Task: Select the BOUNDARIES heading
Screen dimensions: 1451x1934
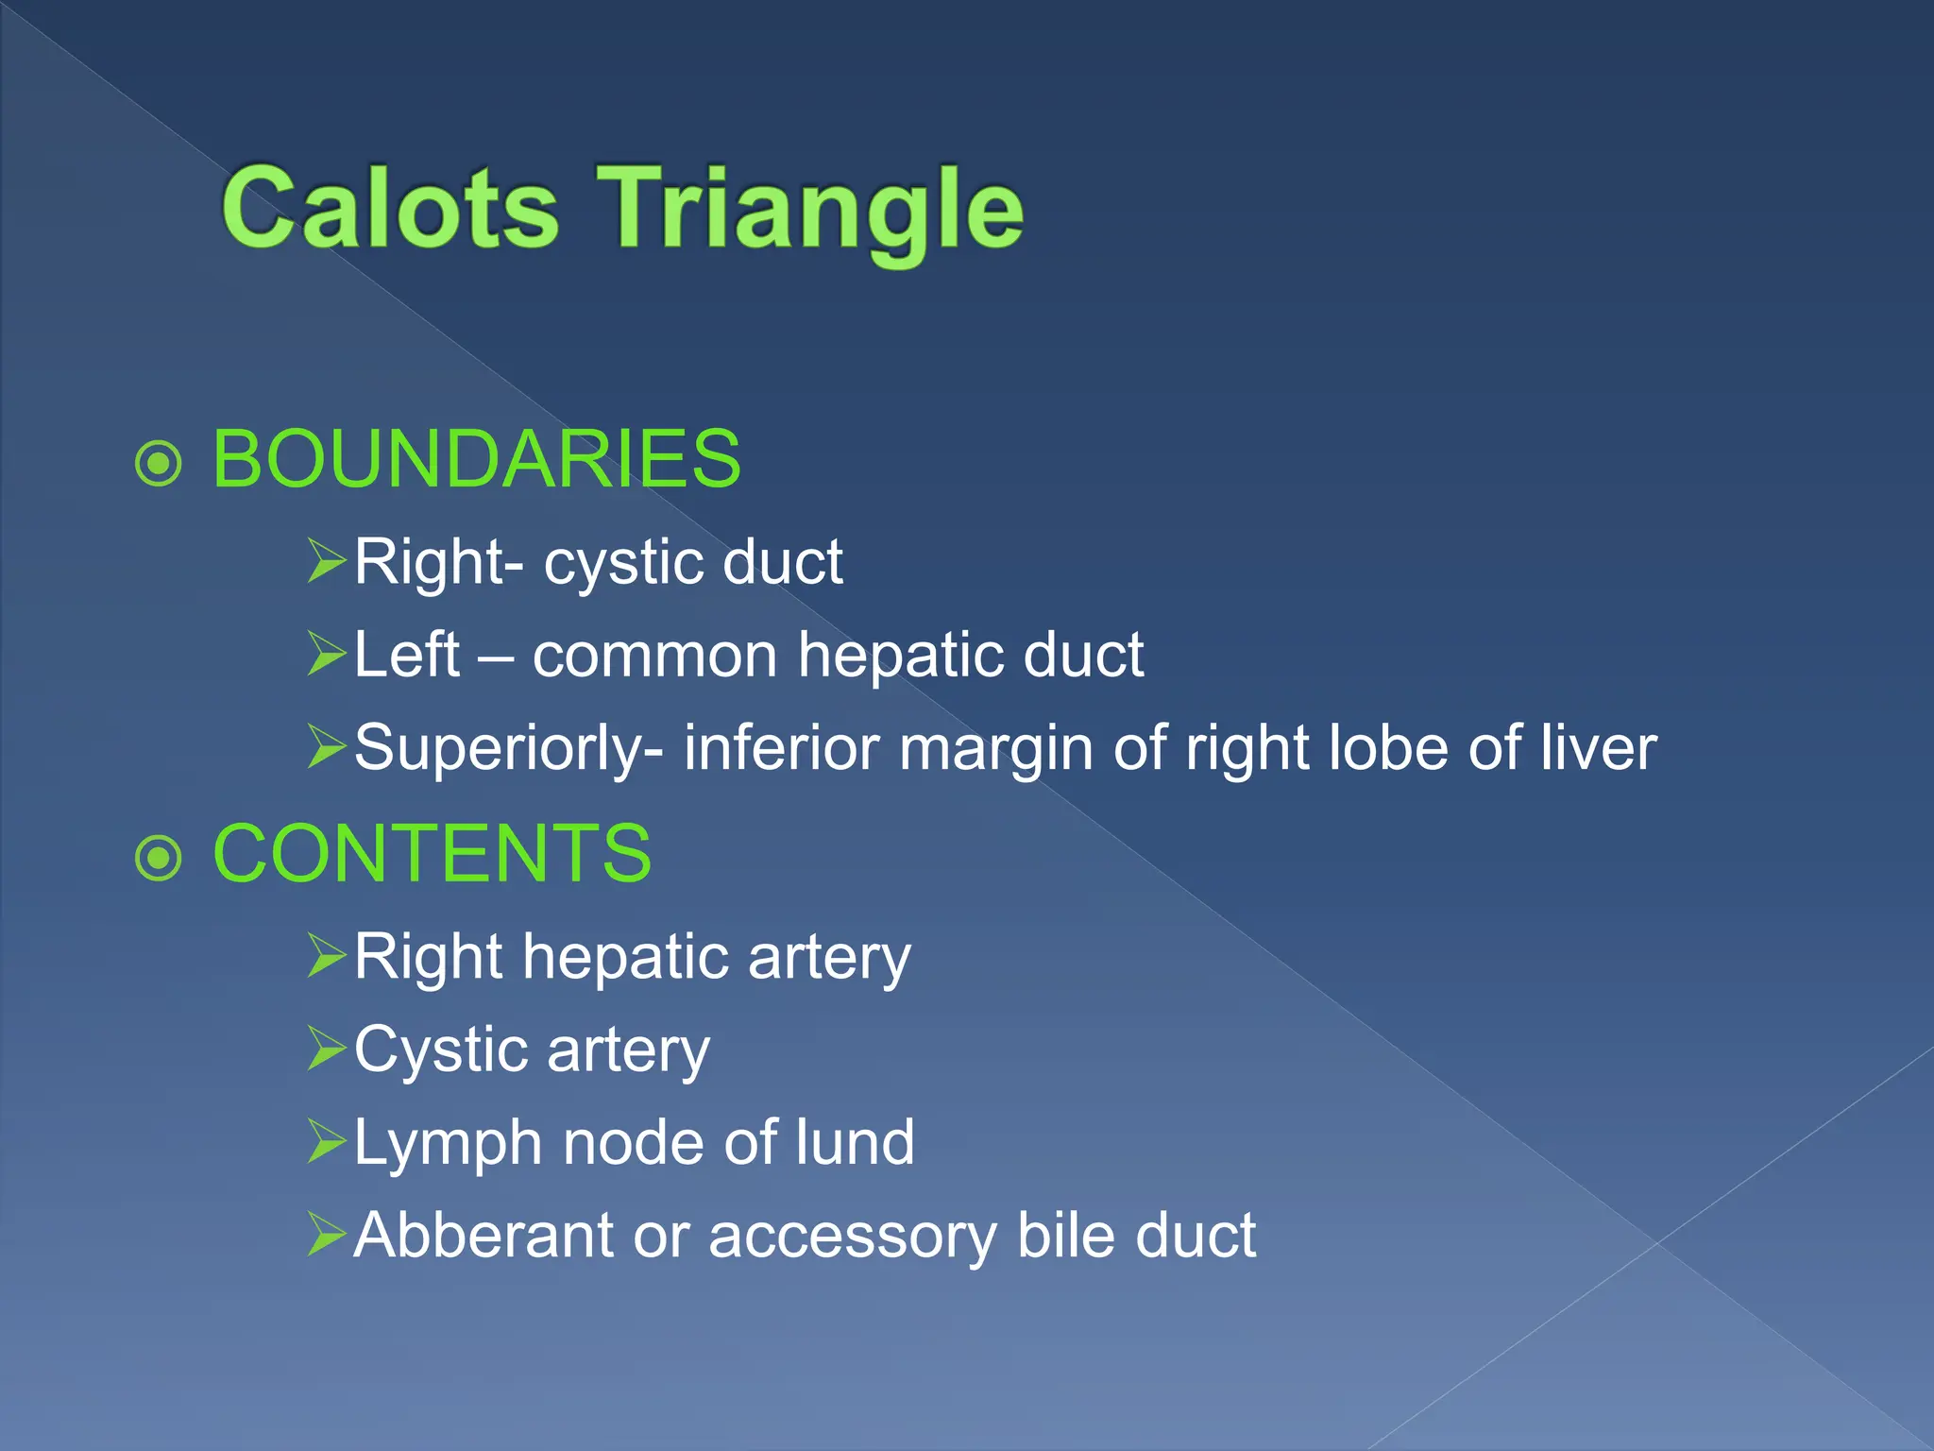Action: point(477,459)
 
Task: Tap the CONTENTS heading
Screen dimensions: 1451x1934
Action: point(433,854)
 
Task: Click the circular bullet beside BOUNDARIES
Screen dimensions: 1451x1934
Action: point(158,463)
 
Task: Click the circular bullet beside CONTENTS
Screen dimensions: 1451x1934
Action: point(158,858)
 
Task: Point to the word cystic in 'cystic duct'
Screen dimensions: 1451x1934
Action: point(622,563)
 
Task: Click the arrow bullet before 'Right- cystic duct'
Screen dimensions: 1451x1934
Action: point(327,560)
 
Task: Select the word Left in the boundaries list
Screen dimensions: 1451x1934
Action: point(407,654)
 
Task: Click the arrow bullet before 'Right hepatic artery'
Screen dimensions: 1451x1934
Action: point(327,955)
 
